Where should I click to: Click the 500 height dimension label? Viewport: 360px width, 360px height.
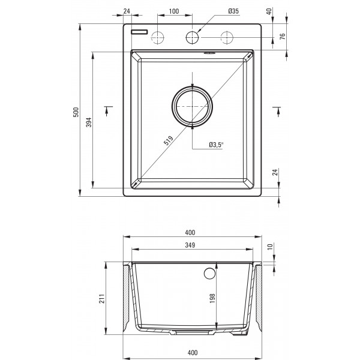pyautogui.click(x=76, y=112)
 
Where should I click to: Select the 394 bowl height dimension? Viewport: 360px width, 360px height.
pyautogui.click(x=89, y=122)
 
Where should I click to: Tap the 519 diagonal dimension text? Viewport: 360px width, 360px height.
pyautogui.click(x=168, y=140)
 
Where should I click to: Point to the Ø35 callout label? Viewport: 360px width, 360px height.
pyautogui.click(x=233, y=11)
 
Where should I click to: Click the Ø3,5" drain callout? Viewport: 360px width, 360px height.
pyautogui.click(x=216, y=145)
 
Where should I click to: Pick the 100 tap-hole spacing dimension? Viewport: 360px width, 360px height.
pyautogui.click(x=174, y=11)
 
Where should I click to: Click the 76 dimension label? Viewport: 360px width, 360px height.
pyautogui.click(x=283, y=36)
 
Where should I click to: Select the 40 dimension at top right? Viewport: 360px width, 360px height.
pyautogui.click(x=269, y=11)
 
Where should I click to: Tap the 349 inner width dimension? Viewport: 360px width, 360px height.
pyautogui.click(x=190, y=245)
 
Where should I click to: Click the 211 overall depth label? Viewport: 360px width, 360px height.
pyautogui.click(x=102, y=298)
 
